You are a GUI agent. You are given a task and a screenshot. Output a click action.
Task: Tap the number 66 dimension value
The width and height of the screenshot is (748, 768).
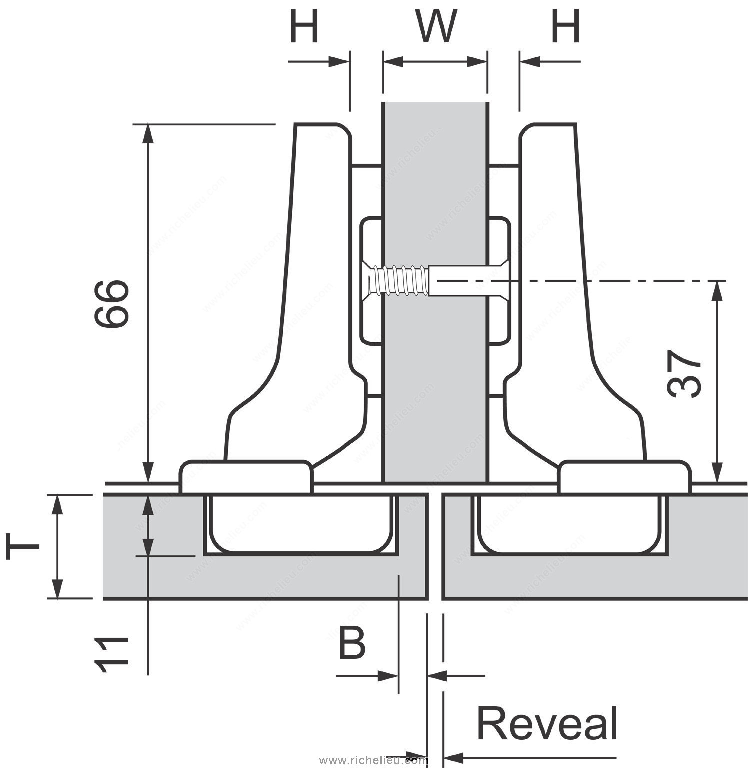[x=112, y=303]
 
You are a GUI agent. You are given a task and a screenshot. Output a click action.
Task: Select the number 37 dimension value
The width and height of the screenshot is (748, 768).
[x=684, y=374]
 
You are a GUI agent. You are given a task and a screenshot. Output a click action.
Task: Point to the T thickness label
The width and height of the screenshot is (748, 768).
[x=22, y=547]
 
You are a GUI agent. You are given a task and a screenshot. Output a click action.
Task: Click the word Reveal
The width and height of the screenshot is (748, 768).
[x=547, y=723]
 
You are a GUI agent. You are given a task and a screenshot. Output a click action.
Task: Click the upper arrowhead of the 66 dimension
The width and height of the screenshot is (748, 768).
[x=148, y=133]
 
